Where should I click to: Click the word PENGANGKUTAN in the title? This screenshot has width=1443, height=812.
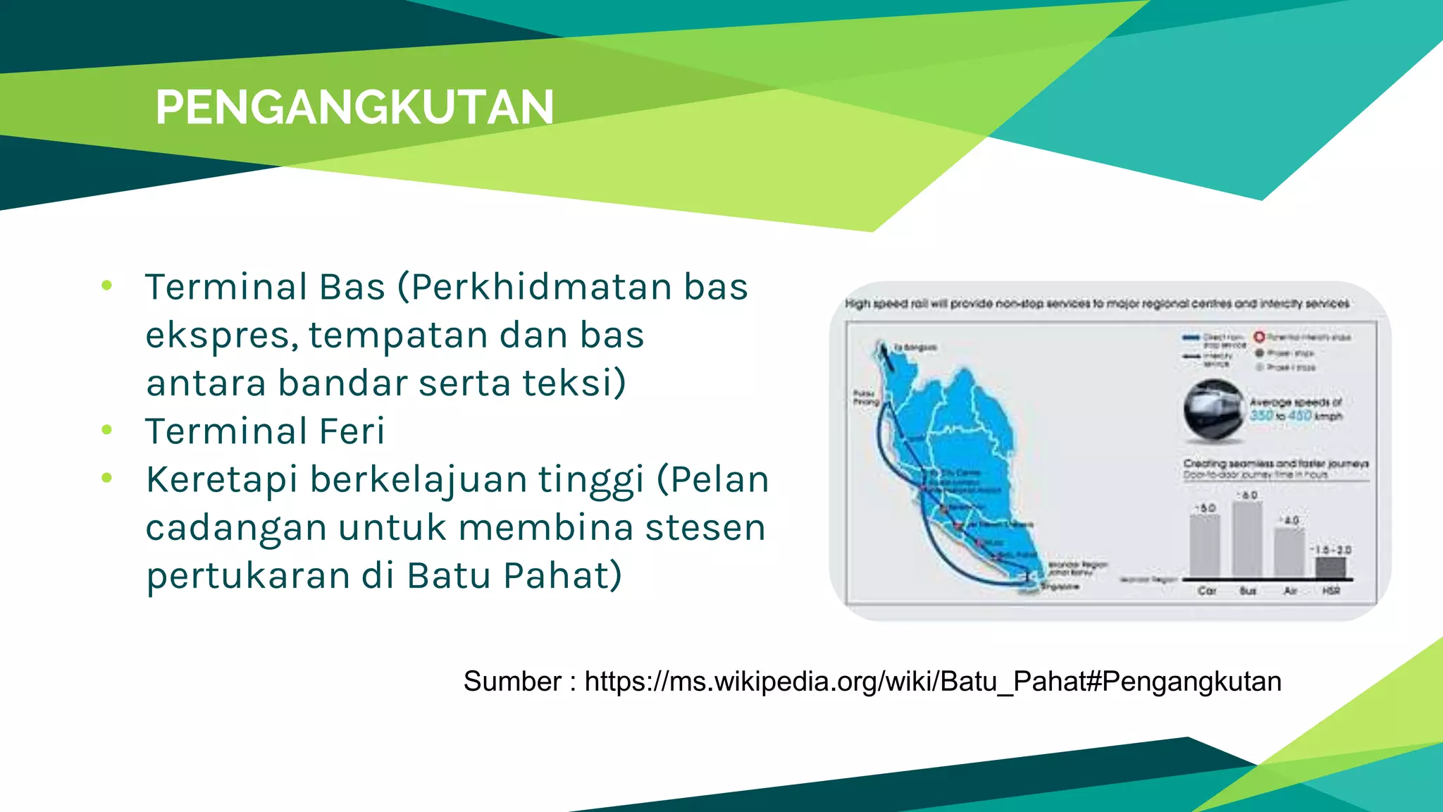point(354,107)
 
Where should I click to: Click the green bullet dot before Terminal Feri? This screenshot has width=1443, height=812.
point(107,430)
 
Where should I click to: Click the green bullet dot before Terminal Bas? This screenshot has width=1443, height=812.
point(107,285)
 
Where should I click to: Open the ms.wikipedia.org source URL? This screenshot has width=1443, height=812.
point(932,682)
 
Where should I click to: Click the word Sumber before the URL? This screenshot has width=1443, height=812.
point(512,682)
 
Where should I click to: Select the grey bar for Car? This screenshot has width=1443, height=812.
point(1205,546)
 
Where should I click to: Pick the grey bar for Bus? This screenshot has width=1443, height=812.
point(1247,539)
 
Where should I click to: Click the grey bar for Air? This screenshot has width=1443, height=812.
point(1289,553)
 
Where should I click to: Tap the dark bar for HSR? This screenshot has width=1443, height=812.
point(1330,567)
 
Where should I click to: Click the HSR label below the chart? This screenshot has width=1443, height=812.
point(1330,591)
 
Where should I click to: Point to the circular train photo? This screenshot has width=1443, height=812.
point(1213,411)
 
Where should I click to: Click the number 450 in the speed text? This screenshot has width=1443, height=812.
point(1299,415)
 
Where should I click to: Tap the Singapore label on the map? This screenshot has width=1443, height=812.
point(1060,586)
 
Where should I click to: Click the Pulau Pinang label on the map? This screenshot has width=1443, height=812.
point(866,398)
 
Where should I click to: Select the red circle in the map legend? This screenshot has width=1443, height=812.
point(1259,337)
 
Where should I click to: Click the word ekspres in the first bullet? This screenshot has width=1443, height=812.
point(221,335)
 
